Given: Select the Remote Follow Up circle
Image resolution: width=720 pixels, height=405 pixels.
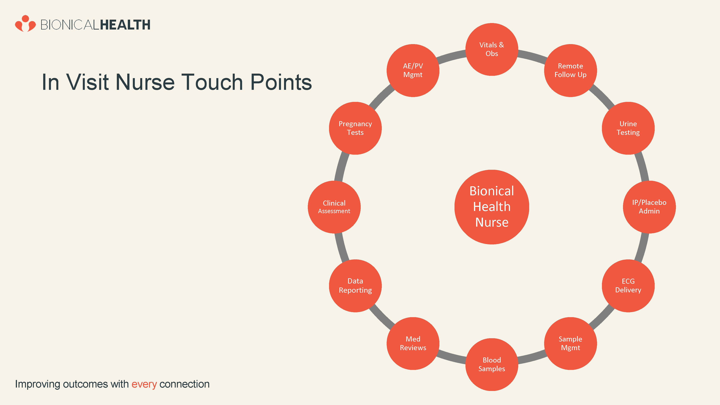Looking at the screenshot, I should coord(570,70).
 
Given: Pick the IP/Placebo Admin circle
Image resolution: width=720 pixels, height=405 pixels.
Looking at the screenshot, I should coord(649,207).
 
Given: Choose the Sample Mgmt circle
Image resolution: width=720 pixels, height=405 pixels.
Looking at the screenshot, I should coord(570,343).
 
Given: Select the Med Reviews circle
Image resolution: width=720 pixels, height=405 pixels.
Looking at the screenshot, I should coord(413,343).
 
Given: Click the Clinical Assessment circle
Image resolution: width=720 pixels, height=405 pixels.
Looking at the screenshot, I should coord(334,207).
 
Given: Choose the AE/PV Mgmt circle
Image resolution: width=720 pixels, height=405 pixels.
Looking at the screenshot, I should coord(413,70).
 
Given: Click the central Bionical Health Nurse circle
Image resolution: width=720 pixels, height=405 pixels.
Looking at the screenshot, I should coord(492,207).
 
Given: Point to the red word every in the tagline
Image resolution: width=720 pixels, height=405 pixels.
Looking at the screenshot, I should coord(144,384).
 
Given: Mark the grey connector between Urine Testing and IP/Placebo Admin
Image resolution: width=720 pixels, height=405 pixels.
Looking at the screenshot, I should coord(642,167).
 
